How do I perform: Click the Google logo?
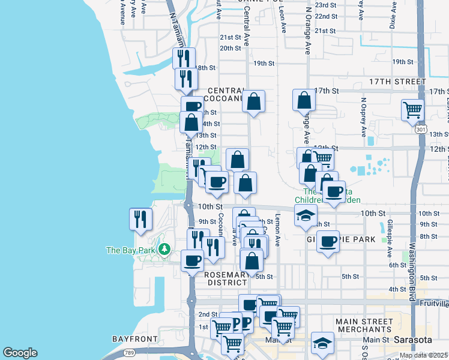pos(20,353)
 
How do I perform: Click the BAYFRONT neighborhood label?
pos(134,339)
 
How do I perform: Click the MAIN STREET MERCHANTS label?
pos(364,325)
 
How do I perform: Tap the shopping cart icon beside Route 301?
pos(412,110)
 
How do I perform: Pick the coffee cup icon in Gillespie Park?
pos(328,241)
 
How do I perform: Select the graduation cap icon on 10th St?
pos(306,215)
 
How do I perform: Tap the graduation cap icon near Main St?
pos(322,343)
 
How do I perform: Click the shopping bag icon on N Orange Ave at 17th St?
pos(304,100)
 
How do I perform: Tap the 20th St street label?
pos(230,49)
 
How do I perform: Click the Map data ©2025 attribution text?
pos(423,355)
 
